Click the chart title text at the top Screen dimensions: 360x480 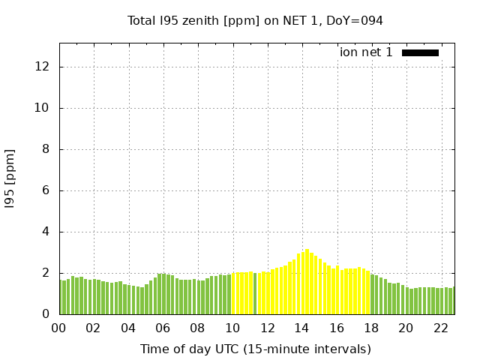[x=255, y=21]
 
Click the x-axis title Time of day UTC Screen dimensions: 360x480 [x=255, y=349]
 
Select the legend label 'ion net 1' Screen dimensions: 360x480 [x=366, y=52]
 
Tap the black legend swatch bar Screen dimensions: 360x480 [x=420, y=52]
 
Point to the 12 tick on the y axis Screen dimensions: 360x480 [x=43, y=67]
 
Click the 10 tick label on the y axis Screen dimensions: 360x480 [x=43, y=108]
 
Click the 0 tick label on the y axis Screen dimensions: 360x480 [x=46, y=314]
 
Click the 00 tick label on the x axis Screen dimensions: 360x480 [x=59, y=328]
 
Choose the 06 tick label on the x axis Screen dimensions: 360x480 [x=163, y=328]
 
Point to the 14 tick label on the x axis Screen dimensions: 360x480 [x=301, y=328]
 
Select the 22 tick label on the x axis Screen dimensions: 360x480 [x=440, y=328]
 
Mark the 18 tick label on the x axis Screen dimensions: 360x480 [x=370, y=328]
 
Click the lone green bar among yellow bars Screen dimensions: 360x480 [x=255, y=293]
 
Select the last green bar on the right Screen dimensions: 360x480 [x=453, y=301]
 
